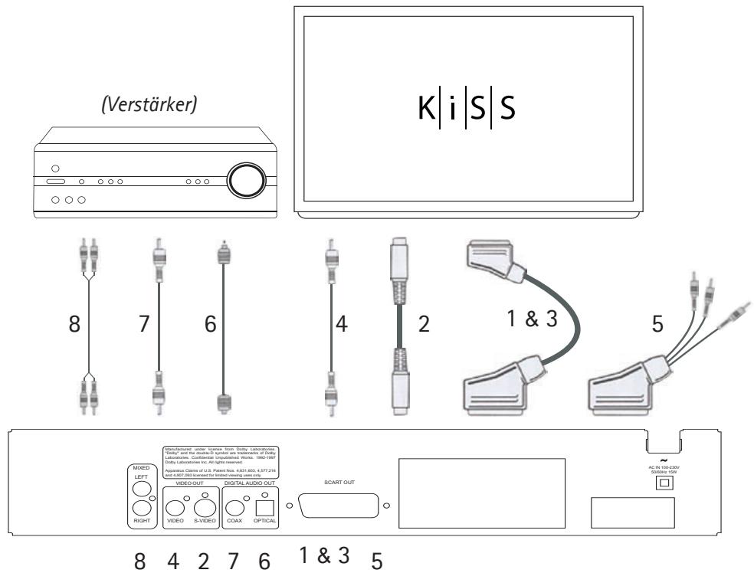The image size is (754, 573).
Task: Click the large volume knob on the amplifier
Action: point(247,181)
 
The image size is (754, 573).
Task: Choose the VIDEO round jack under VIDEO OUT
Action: point(176,506)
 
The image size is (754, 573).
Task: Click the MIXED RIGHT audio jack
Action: point(140,509)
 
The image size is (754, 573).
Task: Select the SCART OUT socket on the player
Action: point(338,506)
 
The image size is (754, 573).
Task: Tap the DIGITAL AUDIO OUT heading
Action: point(254,481)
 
